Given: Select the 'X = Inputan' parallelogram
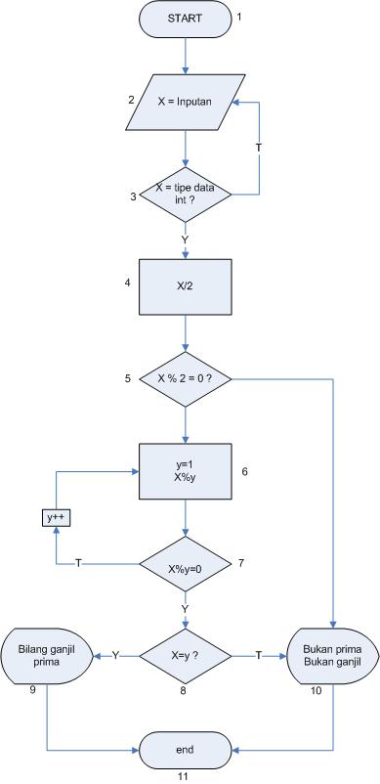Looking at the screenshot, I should click(185, 102).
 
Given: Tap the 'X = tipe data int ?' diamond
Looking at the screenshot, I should click(185, 194).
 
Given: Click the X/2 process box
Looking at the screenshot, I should click(185, 283).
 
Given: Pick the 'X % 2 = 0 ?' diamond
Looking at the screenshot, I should click(185, 377).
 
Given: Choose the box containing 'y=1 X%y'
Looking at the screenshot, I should click(185, 472).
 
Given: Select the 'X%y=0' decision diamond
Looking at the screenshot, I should click(185, 565).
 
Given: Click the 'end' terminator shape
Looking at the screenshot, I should click(185, 750).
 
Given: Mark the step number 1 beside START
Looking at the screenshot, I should click(238, 17).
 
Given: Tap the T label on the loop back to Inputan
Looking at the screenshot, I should click(259, 147).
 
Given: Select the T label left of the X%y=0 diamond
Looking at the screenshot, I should click(79, 565).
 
